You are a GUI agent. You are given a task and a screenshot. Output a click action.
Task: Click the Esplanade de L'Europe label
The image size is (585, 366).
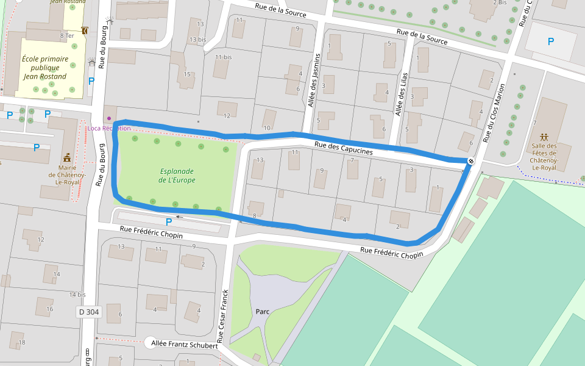click(177, 176)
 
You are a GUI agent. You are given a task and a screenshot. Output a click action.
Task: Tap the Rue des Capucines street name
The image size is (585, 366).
click(343, 148)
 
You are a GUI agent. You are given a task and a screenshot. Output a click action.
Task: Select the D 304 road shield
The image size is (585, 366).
click(89, 312)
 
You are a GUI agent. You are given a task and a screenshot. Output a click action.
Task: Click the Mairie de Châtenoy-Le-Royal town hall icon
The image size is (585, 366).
click(67, 156)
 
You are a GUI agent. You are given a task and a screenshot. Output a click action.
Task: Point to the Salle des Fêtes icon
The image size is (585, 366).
click(544, 137)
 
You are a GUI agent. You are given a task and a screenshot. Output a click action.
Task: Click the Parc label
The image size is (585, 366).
click(263, 311)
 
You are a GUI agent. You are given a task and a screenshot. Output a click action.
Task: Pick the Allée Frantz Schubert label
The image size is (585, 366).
click(185, 345)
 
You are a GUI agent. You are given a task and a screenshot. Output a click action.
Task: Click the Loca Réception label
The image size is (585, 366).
click(109, 128)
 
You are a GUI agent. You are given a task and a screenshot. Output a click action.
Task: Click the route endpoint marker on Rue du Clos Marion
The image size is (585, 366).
click(471, 161)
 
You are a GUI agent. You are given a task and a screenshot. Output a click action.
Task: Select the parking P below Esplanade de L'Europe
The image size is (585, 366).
click(169, 222)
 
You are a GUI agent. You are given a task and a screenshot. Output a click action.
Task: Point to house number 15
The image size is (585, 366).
click(188, 74)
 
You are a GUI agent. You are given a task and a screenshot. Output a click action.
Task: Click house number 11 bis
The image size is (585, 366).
click(224, 57)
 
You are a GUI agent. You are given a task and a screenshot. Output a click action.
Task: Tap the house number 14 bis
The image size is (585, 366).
click(77, 295)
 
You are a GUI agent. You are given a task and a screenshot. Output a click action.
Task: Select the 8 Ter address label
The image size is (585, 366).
click(66, 36)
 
